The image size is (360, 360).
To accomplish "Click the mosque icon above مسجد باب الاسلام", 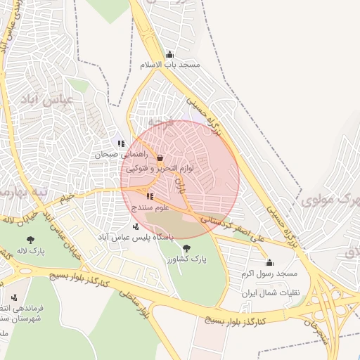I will point(169,55).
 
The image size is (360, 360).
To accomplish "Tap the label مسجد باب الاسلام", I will point(169,65).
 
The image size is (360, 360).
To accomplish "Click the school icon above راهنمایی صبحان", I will point(121,143).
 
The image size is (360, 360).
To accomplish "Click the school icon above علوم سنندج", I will point(150,197).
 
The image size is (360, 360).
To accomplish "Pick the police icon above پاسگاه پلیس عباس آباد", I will point(135,226).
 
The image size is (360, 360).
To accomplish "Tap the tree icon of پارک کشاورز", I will point(186,248).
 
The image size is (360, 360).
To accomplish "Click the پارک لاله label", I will point(31,250).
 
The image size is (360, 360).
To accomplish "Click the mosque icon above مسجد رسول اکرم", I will point(269,263).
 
